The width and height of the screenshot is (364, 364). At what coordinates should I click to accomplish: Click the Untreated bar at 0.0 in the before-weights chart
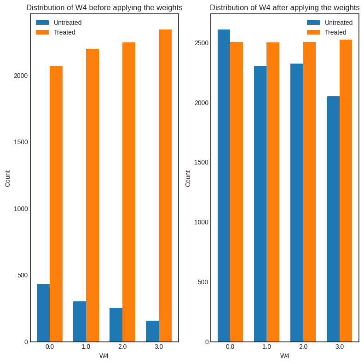[43, 313]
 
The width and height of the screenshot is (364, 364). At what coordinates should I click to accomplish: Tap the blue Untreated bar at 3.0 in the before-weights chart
[152, 331]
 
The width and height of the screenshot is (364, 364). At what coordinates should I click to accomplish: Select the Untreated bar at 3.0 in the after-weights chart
[333, 219]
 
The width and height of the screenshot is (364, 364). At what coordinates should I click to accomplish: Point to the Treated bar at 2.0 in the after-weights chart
[309, 192]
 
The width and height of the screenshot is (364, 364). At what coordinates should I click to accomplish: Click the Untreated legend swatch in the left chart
[42, 23]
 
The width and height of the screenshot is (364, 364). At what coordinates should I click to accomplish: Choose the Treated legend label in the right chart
[335, 32]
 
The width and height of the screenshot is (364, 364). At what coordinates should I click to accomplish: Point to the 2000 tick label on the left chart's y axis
[21, 76]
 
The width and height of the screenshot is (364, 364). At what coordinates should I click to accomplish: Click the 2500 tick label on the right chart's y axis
[202, 43]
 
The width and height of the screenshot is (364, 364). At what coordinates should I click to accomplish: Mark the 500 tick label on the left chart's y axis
[23, 275]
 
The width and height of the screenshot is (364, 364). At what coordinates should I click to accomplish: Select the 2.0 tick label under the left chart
[122, 346]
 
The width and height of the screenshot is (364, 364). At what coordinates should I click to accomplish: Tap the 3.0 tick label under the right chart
[340, 346]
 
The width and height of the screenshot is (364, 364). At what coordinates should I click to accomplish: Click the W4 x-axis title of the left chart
[104, 356]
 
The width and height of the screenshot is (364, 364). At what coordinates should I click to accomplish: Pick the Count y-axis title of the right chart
[188, 178]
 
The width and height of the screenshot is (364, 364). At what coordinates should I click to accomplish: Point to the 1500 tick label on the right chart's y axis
[202, 162]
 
